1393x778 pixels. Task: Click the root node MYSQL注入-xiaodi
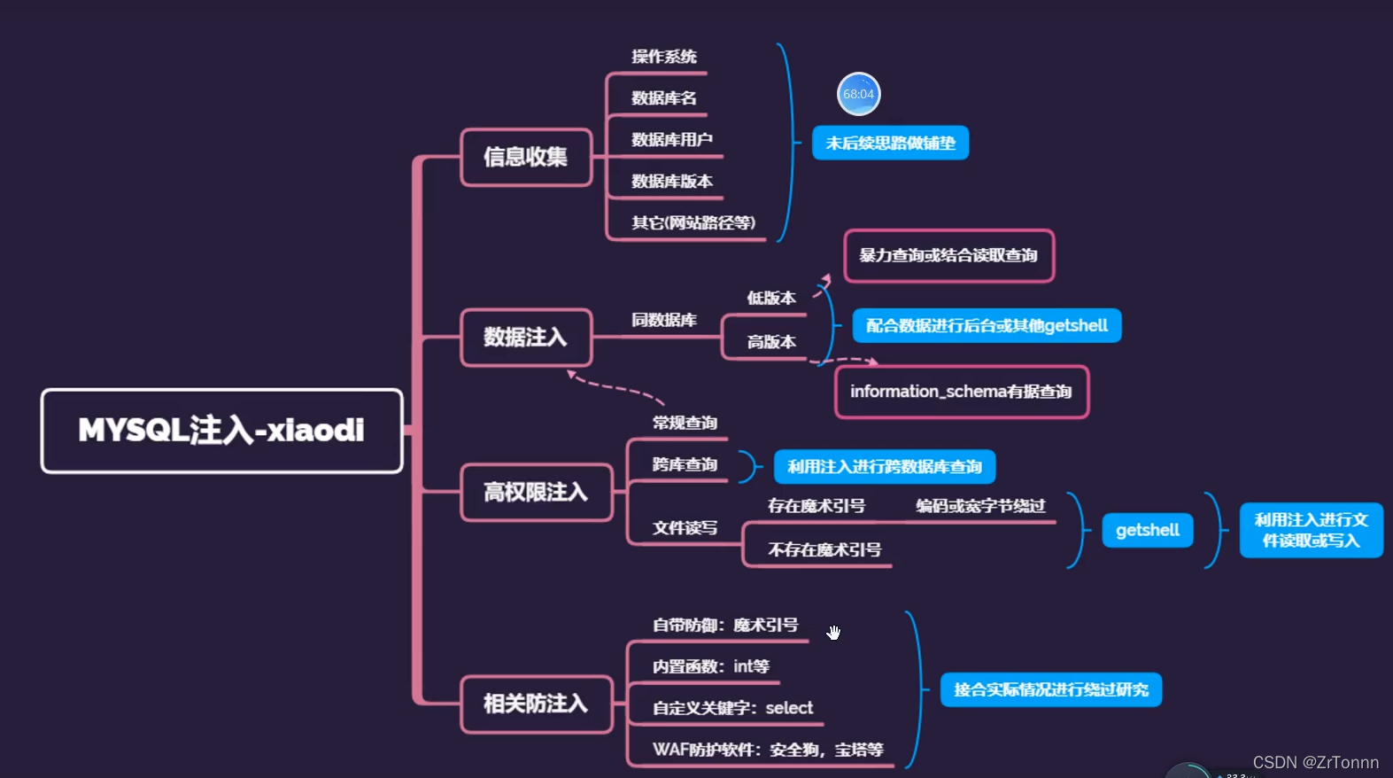pyautogui.click(x=221, y=431)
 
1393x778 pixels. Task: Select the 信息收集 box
pyautogui.click(x=526, y=158)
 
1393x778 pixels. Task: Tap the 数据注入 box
pyautogui.click(x=526, y=338)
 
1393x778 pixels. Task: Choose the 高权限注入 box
pyautogui.click(x=536, y=493)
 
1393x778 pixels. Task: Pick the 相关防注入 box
pyautogui.click(x=536, y=704)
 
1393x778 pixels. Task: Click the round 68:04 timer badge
pyautogui.click(x=858, y=94)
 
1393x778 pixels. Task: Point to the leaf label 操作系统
pyautogui.click(x=664, y=58)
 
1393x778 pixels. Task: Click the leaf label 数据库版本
pyautogui.click(x=672, y=182)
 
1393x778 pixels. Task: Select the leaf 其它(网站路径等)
pyautogui.click(x=693, y=223)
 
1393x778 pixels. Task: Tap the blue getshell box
pyautogui.click(x=1148, y=531)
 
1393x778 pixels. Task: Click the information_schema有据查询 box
pyautogui.click(x=961, y=392)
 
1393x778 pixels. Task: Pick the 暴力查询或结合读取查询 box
pyautogui.click(x=948, y=256)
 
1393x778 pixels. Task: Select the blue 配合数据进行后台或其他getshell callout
pyautogui.click(x=987, y=326)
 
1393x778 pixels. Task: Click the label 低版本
pyautogui.click(x=771, y=299)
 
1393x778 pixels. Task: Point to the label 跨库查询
pyautogui.click(x=685, y=465)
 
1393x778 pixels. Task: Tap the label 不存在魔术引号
pyautogui.click(x=824, y=550)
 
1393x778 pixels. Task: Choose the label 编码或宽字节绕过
pyautogui.click(x=980, y=506)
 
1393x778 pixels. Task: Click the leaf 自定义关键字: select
pyautogui.click(x=732, y=708)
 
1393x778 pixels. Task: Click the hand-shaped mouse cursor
pyautogui.click(x=833, y=632)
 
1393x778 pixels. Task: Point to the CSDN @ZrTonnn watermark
pyautogui.click(x=1315, y=762)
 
